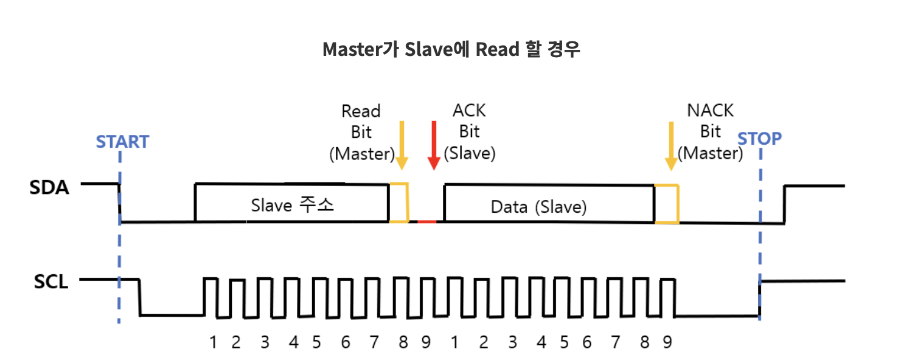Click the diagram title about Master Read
(x=451, y=49)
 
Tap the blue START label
(x=122, y=142)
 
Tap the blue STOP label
(x=759, y=139)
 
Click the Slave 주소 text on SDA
(x=293, y=206)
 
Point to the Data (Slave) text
(x=538, y=207)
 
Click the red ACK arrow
(x=434, y=145)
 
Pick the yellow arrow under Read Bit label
(x=401, y=145)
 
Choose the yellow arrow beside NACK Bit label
(x=671, y=145)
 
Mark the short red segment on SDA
(x=426, y=221)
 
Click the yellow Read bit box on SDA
(x=399, y=202)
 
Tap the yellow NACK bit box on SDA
(x=667, y=203)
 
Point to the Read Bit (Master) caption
(x=361, y=132)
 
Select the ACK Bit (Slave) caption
(x=470, y=132)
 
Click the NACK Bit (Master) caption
(x=711, y=132)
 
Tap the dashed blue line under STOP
(x=761, y=243)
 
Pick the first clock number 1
(x=213, y=342)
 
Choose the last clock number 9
(x=667, y=342)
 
